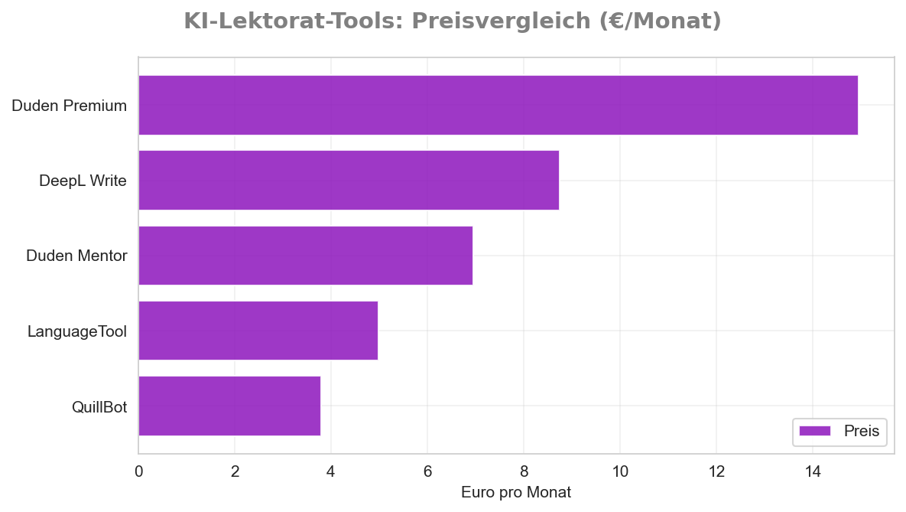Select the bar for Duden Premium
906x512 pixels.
pos(498,105)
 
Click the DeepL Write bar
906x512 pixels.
pos(349,180)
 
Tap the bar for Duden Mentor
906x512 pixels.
pos(305,255)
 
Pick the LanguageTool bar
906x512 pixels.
pos(258,330)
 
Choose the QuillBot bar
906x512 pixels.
pos(229,406)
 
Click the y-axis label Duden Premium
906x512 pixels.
pos(69,106)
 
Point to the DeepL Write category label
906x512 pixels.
pos(83,181)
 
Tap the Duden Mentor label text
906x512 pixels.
pos(76,256)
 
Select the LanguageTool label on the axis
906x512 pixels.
pos(76,331)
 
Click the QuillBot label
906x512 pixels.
pos(99,406)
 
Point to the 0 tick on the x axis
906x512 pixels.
pos(138,471)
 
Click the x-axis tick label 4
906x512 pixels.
pos(331,471)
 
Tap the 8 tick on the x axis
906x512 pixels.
pos(524,471)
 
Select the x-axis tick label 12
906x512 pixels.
pos(716,471)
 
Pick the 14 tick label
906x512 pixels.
pos(813,471)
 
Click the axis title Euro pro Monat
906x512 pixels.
pos(516,492)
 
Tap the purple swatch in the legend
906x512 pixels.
pos(814,431)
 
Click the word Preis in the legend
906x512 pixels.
pos(862,431)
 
